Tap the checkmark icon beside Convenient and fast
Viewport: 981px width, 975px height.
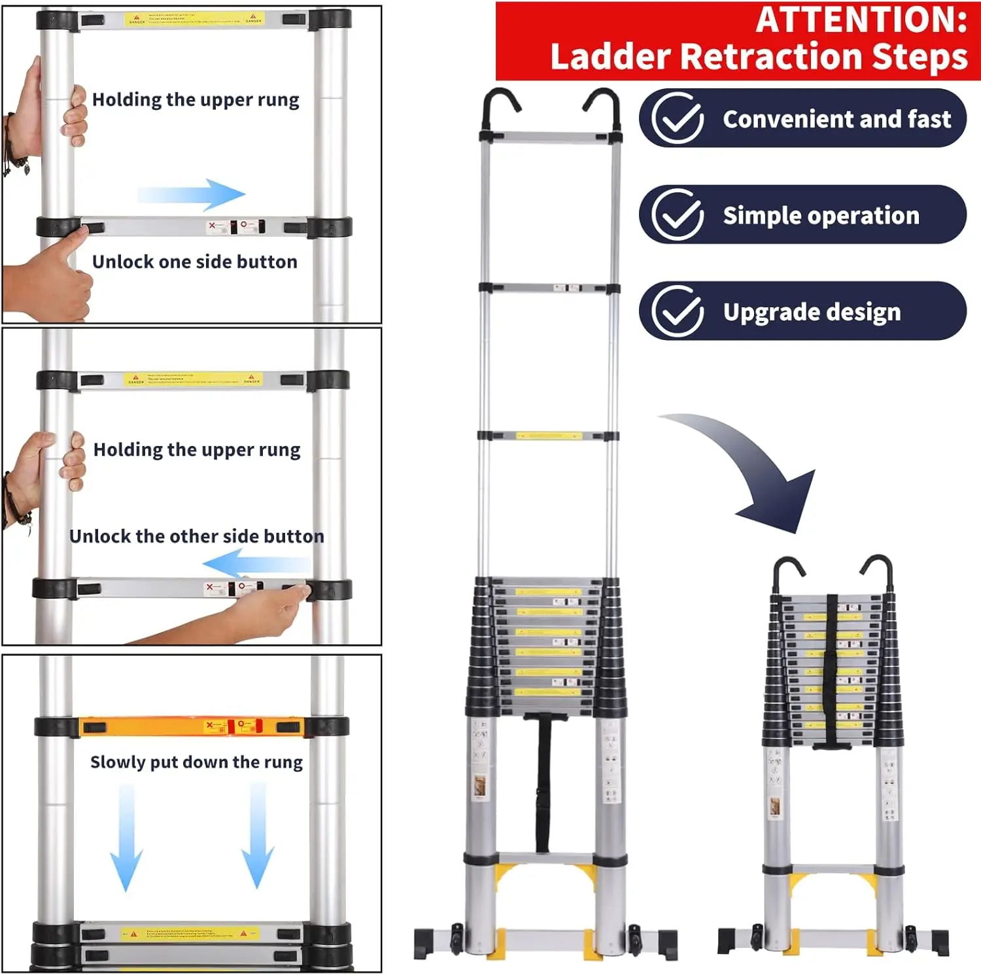point(678,118)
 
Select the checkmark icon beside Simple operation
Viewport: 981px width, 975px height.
point(678,214)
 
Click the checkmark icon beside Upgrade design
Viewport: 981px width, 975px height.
point(678,311)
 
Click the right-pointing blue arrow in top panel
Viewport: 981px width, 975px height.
point(193,194)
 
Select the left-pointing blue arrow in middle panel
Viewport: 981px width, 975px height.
point(255,564)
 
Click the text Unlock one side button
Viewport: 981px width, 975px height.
point(195,262)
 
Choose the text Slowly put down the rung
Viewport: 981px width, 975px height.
point(196,762)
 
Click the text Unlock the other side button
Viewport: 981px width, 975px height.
point(196,536)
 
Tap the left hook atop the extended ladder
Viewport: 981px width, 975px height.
point(498,108)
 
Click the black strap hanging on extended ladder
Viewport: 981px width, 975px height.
point(543,785)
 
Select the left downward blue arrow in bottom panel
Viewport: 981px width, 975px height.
point(126,837)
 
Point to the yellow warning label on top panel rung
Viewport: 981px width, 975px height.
point(195,20)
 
